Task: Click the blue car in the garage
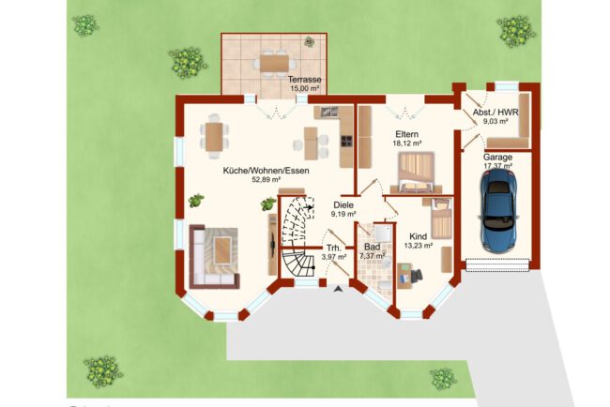498,210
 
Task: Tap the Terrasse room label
305,80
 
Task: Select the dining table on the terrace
274,63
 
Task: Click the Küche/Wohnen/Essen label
267,171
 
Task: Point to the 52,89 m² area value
267,179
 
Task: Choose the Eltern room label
407,134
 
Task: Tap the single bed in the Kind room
442,218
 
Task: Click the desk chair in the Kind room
416,276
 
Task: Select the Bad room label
372,247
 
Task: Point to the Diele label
343,204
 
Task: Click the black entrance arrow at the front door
338,288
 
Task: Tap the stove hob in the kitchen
346,141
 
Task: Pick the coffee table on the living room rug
221,250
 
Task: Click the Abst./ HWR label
496,113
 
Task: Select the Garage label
497,158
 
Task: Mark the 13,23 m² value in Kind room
419,246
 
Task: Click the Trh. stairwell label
334,248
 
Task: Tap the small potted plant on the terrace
310,41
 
